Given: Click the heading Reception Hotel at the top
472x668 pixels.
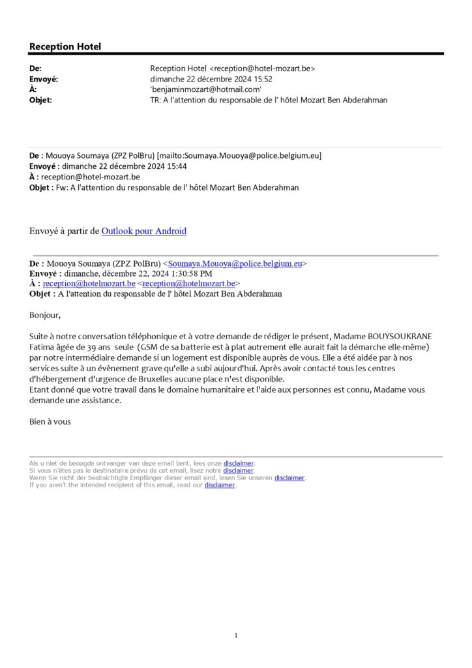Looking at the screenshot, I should tap(65, 47).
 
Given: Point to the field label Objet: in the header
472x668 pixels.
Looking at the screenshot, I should tap(40, 100).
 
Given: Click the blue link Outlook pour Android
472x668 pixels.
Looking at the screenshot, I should tap(143, 231).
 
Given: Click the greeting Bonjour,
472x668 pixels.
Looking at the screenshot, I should tap(44, 316).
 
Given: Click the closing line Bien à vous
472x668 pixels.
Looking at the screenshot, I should tap(50, 421).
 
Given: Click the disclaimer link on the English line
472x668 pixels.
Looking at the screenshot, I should tap(219, 485).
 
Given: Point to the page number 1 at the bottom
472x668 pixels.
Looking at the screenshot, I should tap(236, 635).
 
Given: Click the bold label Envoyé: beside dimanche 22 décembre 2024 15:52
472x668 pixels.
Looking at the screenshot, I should tap(44, 79).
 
